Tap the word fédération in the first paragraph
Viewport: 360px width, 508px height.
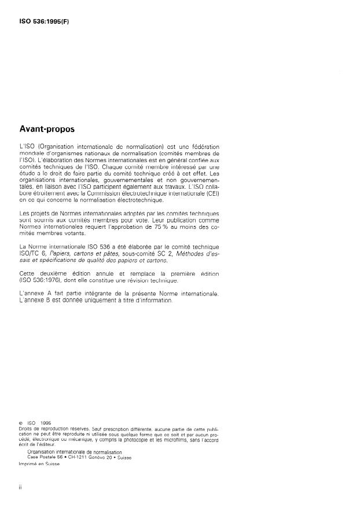pyautogui.click(x=206, y=146)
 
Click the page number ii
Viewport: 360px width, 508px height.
pyautogui.click(x=20, y=489)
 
